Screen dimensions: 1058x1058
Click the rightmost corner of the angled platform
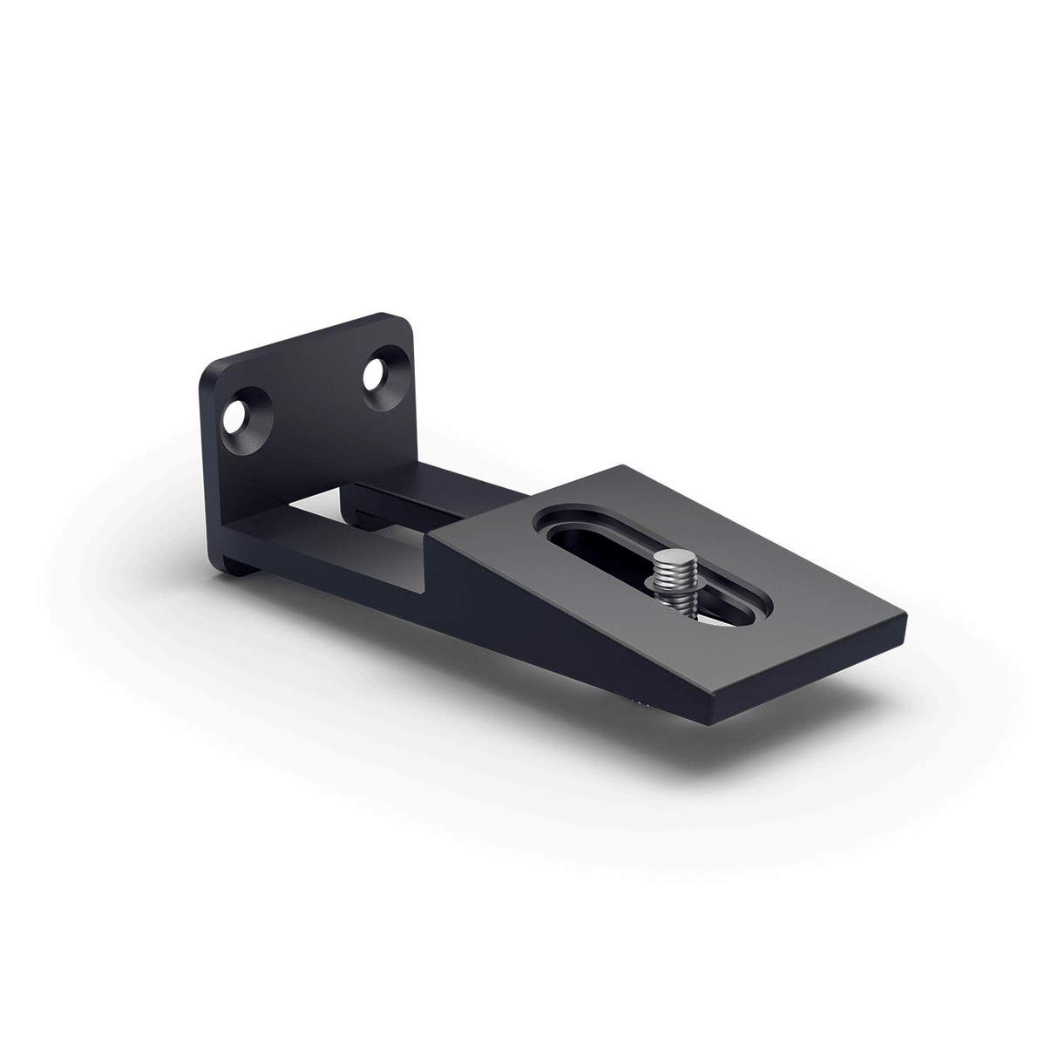907,625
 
